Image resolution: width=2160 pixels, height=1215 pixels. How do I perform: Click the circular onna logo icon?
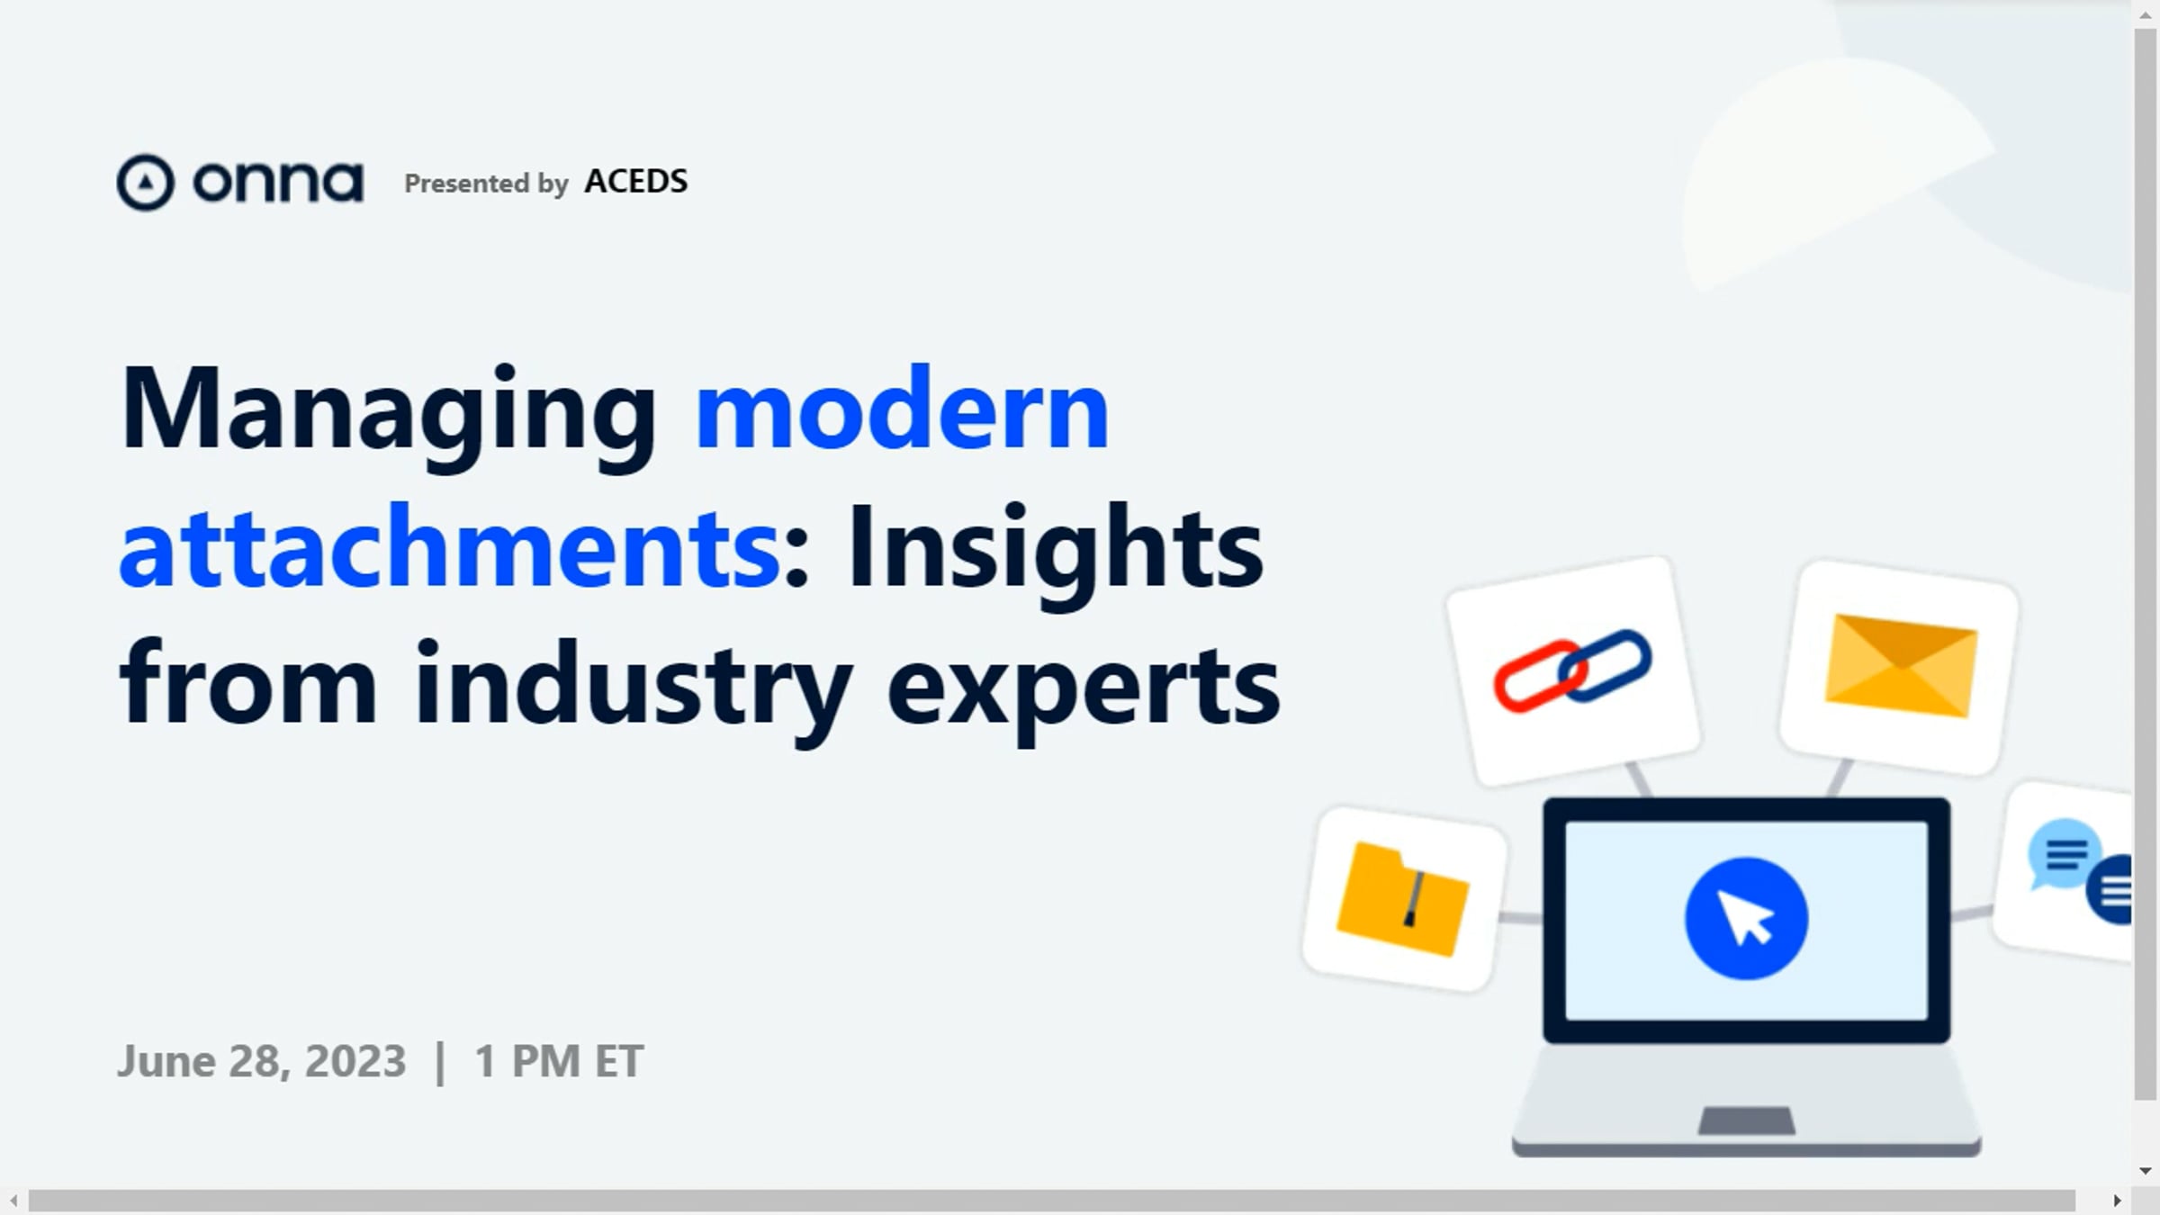pos(145,183)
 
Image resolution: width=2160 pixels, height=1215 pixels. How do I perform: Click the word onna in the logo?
pos(278,183)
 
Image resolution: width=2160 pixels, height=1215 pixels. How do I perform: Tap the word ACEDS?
pos(636,181)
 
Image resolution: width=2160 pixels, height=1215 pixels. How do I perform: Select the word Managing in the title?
pos(389,414)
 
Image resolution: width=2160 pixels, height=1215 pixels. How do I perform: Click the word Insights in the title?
pos(1055,553)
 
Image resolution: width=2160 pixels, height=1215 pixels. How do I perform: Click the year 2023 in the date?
pos(355,1061)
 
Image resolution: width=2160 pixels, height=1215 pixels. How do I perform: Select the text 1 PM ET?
pos(559,1061)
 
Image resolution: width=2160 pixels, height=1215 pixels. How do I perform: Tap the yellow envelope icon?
pos(1900,666)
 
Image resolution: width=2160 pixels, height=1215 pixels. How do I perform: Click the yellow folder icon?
pos(1402,898)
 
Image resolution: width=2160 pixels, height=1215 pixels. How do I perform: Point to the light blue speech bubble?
pos(2064,853)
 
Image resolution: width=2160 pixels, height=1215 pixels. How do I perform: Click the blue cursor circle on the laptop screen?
pos(1746,919)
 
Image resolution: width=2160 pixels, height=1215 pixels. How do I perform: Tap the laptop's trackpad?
pos(1746,1121)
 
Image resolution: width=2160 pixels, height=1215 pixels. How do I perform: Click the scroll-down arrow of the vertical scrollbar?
pos(2146,1171)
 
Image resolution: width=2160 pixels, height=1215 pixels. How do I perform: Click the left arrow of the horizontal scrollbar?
pos(13,1201)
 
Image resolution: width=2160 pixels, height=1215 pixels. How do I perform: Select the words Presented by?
pos(486,184)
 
